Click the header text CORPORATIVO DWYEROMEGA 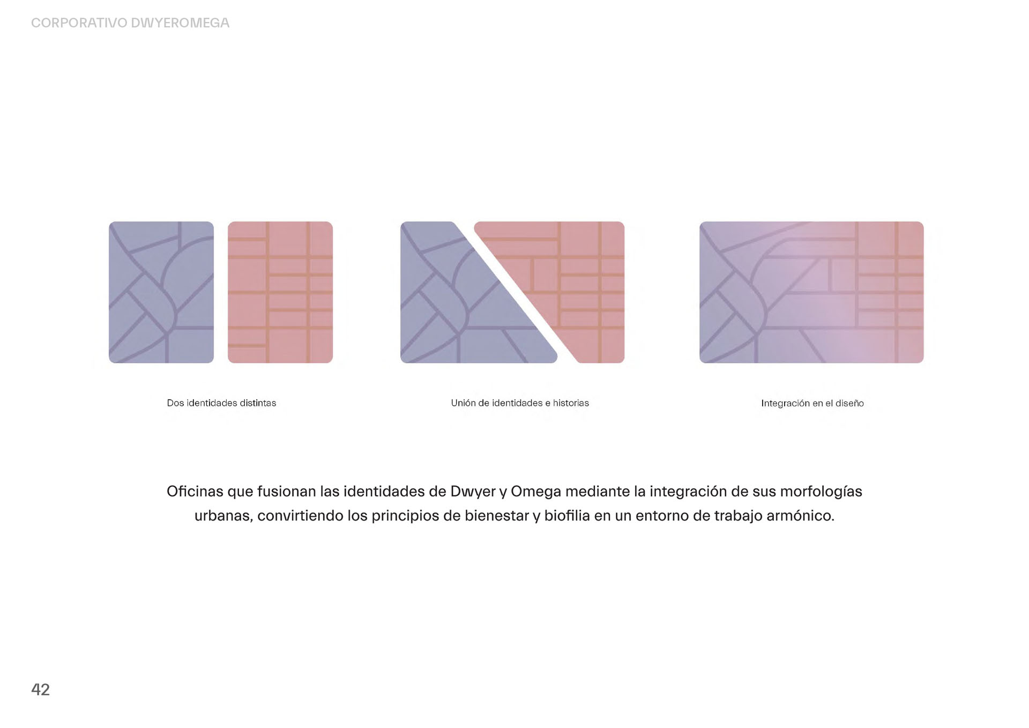click(x=130, y=23)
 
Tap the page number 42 click(x=41, y=689)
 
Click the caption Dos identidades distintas click(x=221, y=403)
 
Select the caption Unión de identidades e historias click(x=520, y=403)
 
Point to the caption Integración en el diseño click(x=812, y=403)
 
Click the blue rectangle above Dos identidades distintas click(x=161, y=292)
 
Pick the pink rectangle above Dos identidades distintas click(x=280, y=292)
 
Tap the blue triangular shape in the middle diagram click(x=461, y=311)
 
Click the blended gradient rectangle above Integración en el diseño click(x=811, y=292)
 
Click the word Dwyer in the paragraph click(x=473, y=492)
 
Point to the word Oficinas click(x=195, y=491)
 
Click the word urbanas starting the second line click(x=223, y=516)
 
